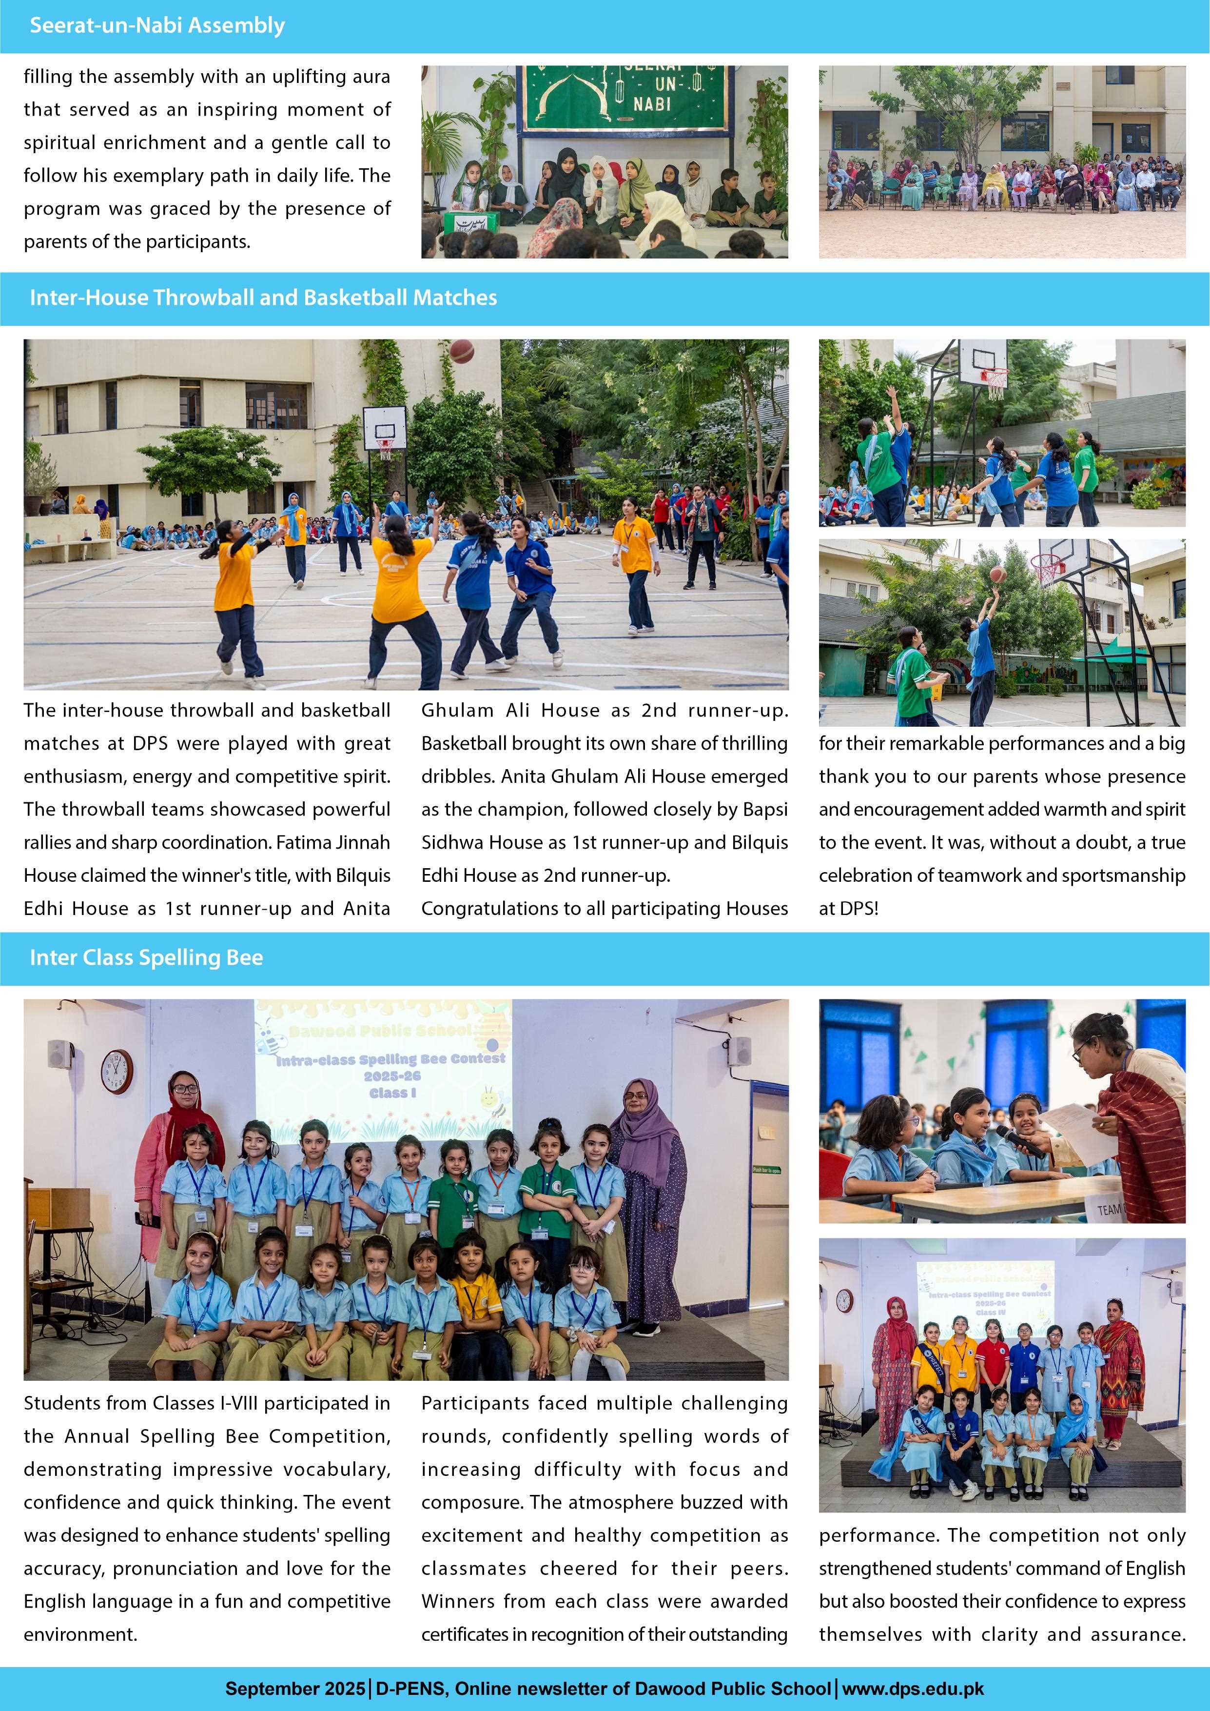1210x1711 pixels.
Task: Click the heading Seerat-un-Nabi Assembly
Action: coord(156,26)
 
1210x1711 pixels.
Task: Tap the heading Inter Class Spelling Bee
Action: coord(146,957)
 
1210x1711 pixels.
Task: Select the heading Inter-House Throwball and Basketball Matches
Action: coord(263,298)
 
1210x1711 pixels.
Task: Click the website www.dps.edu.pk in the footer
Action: coord(913,1689)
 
